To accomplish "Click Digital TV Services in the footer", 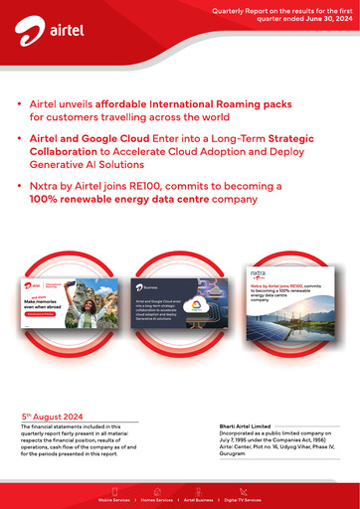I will coord(243,499).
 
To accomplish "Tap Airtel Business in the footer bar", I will coord(199,499).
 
